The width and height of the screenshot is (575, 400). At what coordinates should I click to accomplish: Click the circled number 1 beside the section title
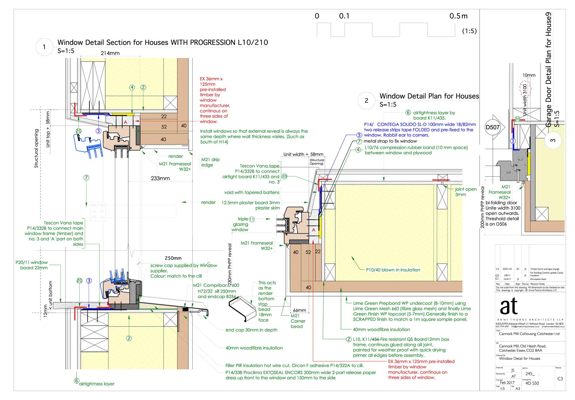pos(44,47)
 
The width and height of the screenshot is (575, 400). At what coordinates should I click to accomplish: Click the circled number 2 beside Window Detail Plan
pos(366,100)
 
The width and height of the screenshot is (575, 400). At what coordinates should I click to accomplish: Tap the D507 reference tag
pos(493,127)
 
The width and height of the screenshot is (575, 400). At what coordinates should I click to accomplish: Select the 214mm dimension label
pos(110,53)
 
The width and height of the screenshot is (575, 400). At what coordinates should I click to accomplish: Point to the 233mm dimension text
pos(160,178)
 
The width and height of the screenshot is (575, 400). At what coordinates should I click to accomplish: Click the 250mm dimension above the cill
pos(173,258)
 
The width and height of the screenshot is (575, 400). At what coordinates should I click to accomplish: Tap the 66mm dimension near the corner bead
pos(299,310)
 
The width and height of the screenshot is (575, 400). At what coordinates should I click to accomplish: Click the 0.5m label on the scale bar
pos(458,16)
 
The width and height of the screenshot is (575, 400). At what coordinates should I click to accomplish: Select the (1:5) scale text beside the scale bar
pos(469,31)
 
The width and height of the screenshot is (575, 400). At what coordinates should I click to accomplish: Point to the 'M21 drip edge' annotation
pos(210,162)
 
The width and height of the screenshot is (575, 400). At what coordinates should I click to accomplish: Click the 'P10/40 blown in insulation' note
pos(393,270)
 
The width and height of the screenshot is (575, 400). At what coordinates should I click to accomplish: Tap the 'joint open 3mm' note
pos(465,192)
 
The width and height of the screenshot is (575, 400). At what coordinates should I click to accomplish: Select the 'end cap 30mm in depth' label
pos(251,330)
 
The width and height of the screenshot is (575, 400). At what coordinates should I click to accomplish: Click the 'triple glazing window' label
pos(240,224)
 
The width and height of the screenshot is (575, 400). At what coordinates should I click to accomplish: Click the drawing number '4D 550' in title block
pos(532,383)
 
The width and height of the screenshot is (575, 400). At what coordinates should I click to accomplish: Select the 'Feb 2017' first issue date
pos(507,382)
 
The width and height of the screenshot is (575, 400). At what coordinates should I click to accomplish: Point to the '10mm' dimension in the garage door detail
pos(529,75)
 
